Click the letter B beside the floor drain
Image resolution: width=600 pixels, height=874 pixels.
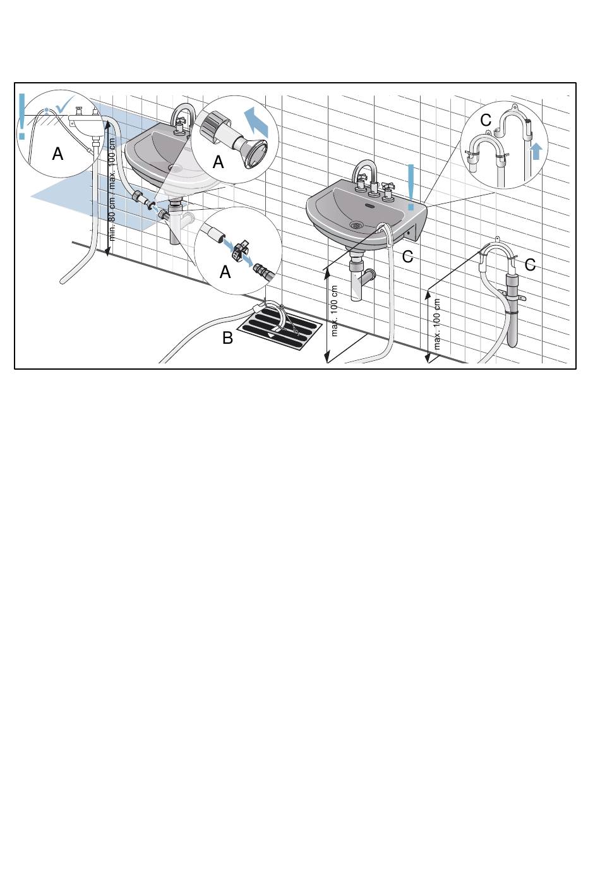pyautogui.click(x=227, y=338)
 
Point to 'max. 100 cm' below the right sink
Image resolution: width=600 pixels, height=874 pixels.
pyautogui.click(x=334, y=311)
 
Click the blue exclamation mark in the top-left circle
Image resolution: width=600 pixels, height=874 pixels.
pyautogui.click(x=22, y=116)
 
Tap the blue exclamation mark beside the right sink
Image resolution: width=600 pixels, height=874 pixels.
pyautogui.click(x=411, y=187)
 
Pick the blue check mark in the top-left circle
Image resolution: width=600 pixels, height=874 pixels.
pyautogui.click(x=64, y=104)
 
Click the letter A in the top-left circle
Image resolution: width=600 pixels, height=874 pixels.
pyautogui.click(x=57, y=154)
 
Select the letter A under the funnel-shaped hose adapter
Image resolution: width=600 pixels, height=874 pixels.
pyautogui.click(x=219, y=162)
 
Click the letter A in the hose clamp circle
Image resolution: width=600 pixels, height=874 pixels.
pyautogui.click(x=225, y=272)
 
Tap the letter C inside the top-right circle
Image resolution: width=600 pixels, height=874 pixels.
pyautogui.click(x=486, y=120)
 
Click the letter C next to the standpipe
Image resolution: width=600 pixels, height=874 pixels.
pyautogui.click(x=530, y=265)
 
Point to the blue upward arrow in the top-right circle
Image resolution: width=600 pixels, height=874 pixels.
pyautogui.click(x=536, y=152)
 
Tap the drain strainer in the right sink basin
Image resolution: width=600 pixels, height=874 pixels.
pyautogui.click(x=356, y=224)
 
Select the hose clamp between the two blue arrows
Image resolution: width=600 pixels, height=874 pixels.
pyautogui.click(x=238, y=250)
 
